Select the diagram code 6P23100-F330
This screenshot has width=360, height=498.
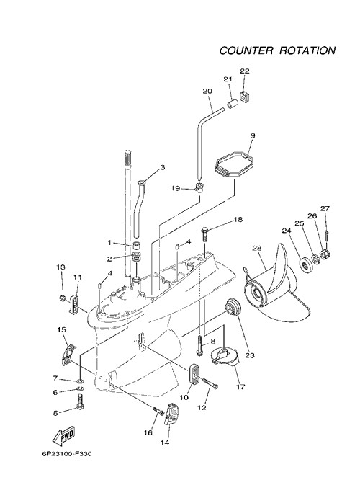(x=67, y=454)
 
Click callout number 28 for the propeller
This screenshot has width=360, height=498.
(x=257, y=248)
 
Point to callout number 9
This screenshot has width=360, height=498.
(x=253, y=135)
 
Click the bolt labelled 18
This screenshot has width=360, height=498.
(x=204, y=234)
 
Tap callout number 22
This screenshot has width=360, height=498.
(x=245, y=71)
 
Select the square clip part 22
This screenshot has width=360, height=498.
(x=244, y=97)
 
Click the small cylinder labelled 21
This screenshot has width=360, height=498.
(x=233, y=105)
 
